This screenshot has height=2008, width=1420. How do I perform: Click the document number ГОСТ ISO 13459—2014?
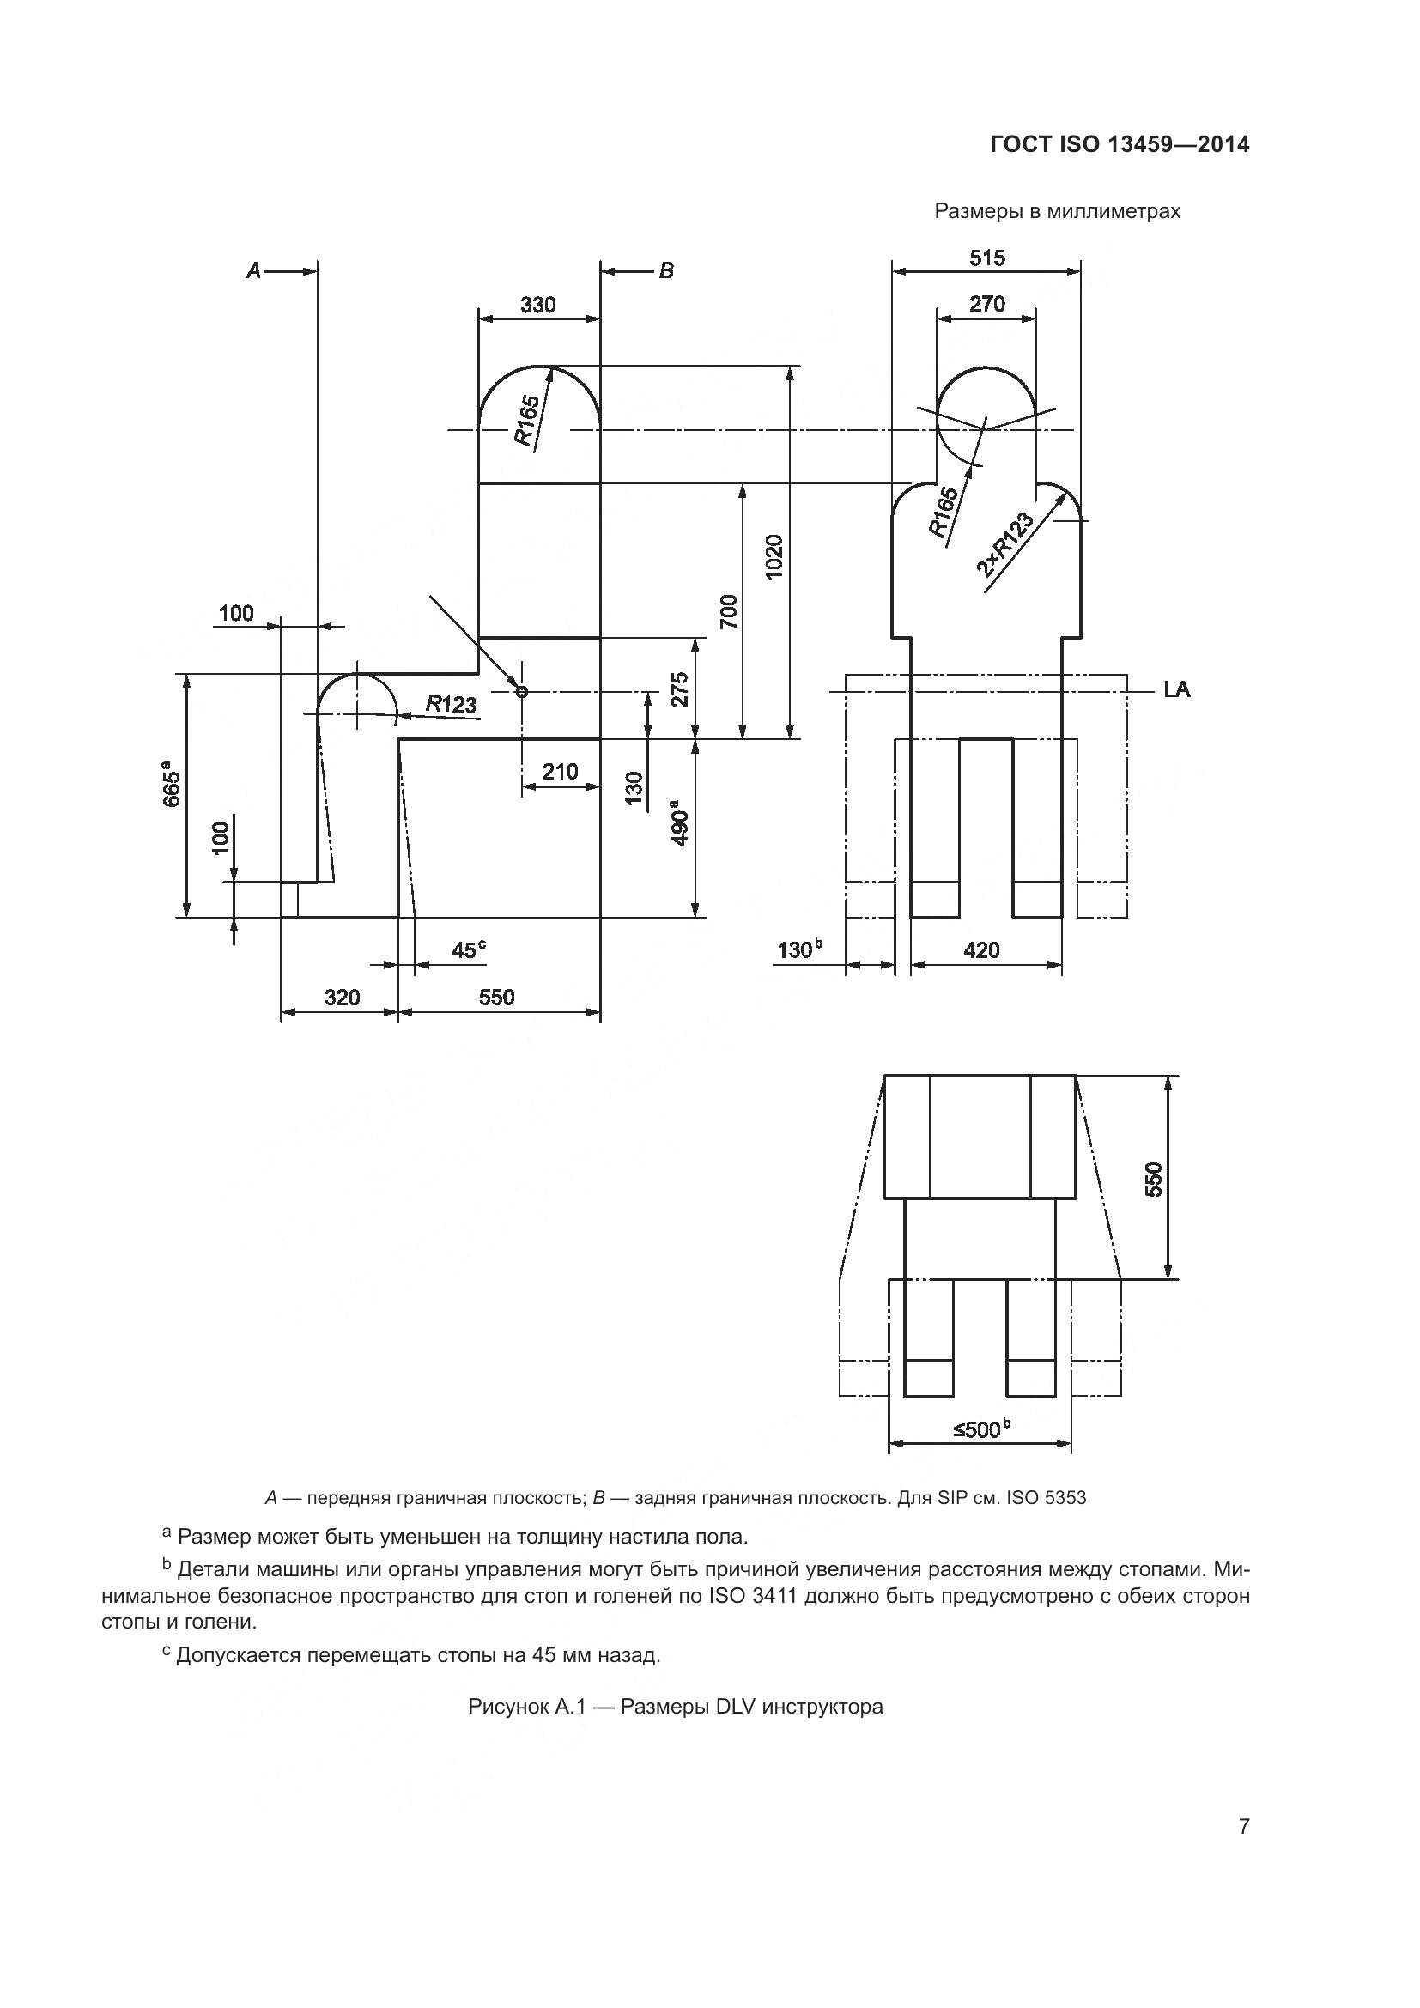1120,144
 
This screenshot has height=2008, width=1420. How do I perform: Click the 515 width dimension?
986,258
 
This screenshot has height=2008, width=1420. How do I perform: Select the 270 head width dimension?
986,305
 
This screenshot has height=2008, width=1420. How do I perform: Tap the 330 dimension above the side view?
537,306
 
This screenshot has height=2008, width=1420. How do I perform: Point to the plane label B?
666,271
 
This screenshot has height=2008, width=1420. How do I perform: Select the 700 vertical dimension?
728,611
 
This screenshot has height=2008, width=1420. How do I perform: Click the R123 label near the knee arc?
452,703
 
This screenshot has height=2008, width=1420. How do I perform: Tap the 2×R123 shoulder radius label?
1004,545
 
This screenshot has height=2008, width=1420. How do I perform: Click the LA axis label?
1176,690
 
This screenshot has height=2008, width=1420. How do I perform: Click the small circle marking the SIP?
522,692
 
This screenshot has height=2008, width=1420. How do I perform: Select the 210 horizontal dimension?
560,772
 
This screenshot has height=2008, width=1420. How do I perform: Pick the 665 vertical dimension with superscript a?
173,788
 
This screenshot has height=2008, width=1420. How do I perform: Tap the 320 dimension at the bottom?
342,997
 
